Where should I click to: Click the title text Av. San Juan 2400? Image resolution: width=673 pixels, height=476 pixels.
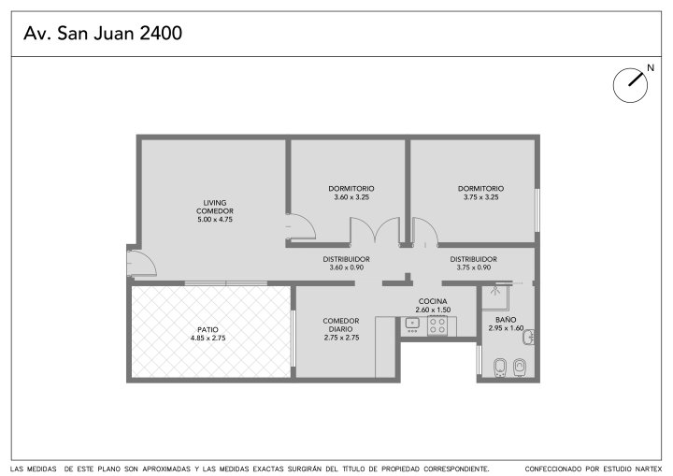coord(103,33)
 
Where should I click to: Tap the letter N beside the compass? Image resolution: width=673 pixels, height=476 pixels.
coord(651,68)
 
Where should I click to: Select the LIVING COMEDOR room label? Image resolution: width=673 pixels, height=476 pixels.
coord(215,207)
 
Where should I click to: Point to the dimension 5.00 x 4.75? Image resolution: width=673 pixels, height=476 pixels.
coord(215,220)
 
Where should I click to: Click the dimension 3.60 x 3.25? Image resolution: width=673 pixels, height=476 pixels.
coord(351,197)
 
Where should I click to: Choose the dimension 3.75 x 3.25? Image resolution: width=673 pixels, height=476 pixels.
coord(480,197)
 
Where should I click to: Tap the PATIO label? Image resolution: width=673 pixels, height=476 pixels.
coord(208,329)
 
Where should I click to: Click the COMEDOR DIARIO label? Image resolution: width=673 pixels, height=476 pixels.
coord(341,325)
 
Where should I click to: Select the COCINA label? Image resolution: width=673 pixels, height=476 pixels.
coord(433,301)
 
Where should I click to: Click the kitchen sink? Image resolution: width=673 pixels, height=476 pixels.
coord(412,325)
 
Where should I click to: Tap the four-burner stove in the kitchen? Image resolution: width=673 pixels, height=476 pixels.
coord(437,325)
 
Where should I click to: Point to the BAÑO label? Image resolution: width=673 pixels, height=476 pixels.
coord(506,320)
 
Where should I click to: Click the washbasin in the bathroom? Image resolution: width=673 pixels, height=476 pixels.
coord(529,337)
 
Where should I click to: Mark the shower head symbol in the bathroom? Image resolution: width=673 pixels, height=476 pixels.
coord(494,291)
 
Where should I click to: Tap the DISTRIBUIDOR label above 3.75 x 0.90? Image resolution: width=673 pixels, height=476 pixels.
coord(473,259)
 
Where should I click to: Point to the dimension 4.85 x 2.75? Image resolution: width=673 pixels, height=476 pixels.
coord(208,339)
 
